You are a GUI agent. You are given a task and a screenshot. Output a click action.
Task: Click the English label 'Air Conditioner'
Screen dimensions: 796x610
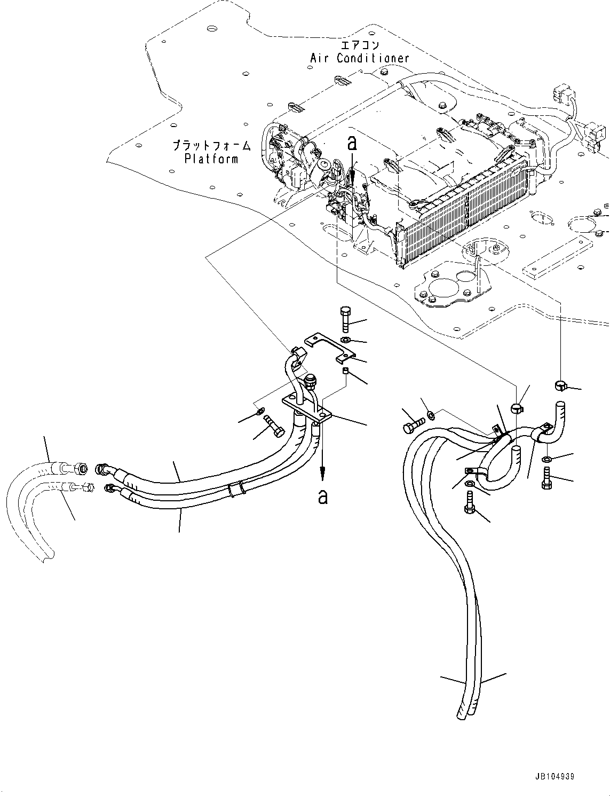(x=360, y=58)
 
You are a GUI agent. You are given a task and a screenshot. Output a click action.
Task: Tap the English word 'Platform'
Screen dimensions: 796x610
(x=211, y=159)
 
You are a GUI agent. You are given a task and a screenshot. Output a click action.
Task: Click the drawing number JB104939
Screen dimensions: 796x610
(x=552, y=777)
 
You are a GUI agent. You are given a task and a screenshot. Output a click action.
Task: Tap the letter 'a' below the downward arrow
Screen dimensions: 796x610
(x=322, y=496)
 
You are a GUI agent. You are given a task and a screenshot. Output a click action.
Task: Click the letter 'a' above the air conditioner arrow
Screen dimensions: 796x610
(x=351, y=143)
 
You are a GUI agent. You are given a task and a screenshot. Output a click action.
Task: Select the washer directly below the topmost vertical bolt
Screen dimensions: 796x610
(x=346, y=340)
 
